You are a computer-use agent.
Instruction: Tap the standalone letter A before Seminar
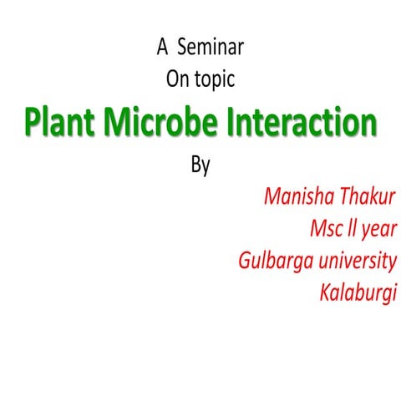coord(162,48)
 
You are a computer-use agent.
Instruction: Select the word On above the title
coord(177,80)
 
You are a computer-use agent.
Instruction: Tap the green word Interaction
coord(302,122)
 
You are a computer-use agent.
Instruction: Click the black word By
coord(200,165)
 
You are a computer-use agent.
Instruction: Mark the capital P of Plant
coord(32,122)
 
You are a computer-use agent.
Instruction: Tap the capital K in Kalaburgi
coord(325,293)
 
